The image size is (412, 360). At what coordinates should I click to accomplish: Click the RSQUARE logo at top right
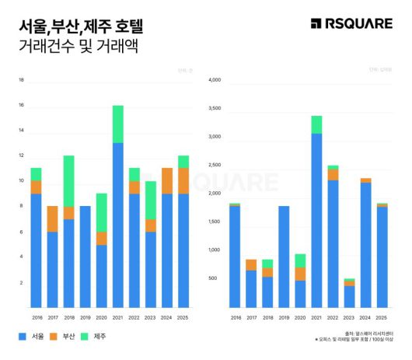(x=351, y=23)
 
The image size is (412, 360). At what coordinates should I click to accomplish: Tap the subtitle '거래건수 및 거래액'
(x=78, y=47)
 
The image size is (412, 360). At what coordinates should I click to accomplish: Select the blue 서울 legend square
(x=23, y=337)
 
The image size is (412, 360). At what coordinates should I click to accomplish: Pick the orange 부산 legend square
(x=55, y=337)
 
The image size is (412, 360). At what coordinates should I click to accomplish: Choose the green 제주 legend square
(x=87, y=337)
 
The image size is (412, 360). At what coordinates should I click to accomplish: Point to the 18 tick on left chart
(x=21, y=80)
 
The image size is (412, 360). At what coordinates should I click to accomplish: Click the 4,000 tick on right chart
(x=215, y=79)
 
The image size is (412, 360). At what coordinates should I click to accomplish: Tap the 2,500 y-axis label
(x=215, y=165)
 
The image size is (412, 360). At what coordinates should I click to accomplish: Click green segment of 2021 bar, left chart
(x=117, y=124)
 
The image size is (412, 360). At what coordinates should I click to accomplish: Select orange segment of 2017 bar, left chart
(x=52, y=218)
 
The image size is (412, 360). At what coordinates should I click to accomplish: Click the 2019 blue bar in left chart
(x=86, y=257)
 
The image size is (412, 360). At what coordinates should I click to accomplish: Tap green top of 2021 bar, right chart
(x=316, y=124)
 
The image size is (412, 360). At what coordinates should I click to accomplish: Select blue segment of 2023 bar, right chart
(x=349, y=296)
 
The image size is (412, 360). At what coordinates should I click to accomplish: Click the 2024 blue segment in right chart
(x=365, y=245)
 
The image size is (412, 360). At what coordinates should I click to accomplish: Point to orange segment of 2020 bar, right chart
(x=300, y=274)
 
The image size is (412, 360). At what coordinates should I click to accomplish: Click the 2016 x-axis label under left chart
(x=37, y=317)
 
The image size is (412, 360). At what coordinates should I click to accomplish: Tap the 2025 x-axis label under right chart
(x=382, y=317)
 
